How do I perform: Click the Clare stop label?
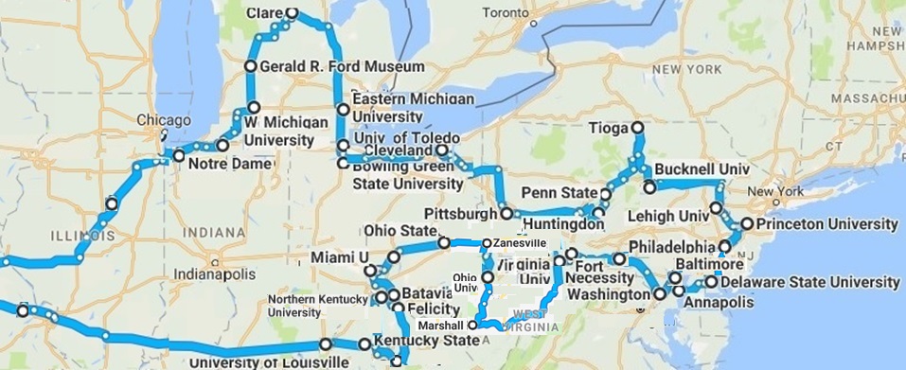265,14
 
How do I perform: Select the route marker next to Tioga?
637,128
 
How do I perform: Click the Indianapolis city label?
211,273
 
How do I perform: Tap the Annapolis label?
719,303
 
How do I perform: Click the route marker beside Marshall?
472,324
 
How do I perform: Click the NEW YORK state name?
678,70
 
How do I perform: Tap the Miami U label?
338,258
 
